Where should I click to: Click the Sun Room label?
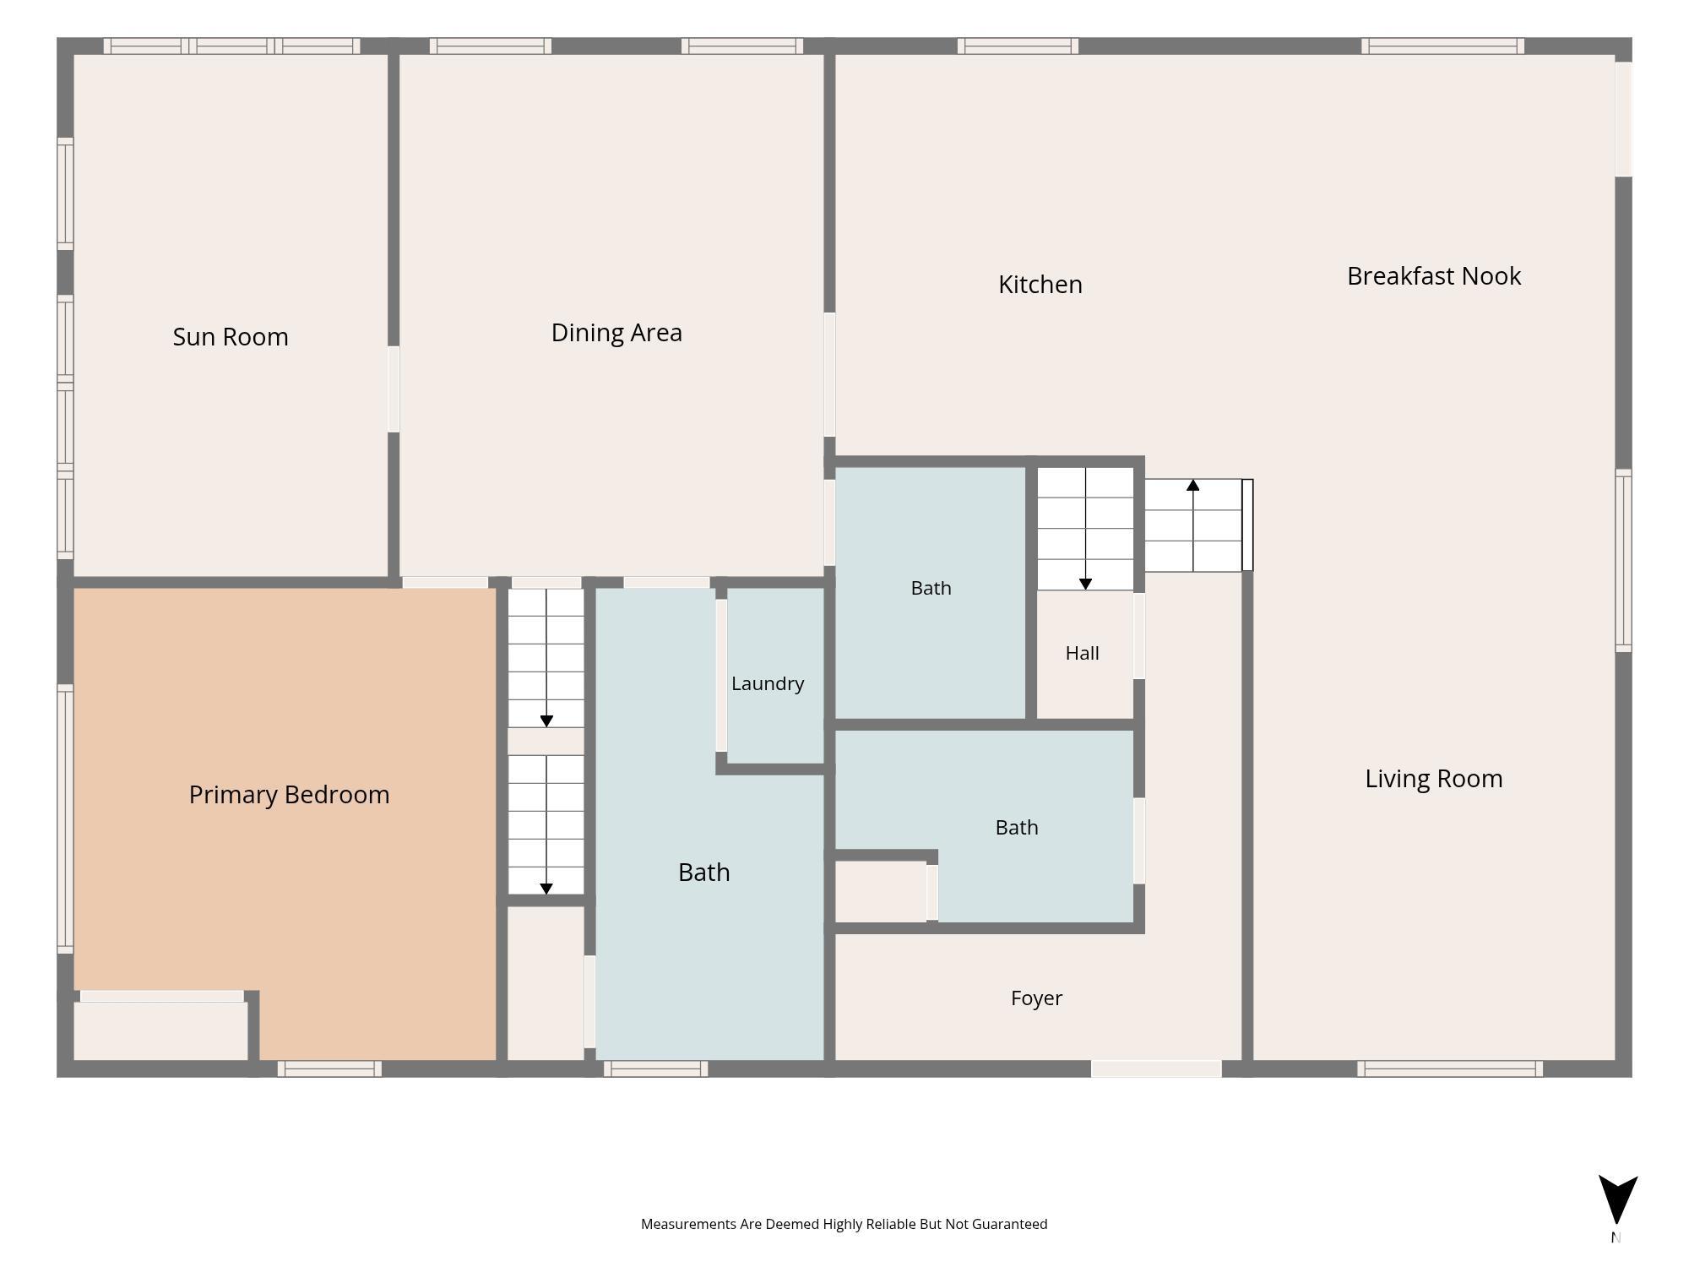coord(231,337)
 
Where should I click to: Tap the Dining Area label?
coord(616,333)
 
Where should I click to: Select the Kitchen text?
coord(1040,285)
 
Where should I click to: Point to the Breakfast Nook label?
coord(1434,276)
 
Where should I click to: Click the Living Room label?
coord(1434,779)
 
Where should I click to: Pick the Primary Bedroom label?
coord(289,795)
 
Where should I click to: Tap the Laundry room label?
coord(768,683)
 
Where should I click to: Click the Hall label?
coord(1082,653)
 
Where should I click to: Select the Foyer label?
coord(1036,998)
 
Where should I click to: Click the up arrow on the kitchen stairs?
coord(1193,525)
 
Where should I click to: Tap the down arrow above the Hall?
coord(1086,529)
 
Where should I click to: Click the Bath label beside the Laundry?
coord(703,873)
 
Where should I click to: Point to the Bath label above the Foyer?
coord(1017,828)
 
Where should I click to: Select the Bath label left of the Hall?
coord(931,588)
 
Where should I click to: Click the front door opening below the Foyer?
coord(1156,1069)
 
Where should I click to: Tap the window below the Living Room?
coord(1450,1069)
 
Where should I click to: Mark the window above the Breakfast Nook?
coord(1442,46)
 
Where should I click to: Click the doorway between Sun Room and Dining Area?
coord(394,389)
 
